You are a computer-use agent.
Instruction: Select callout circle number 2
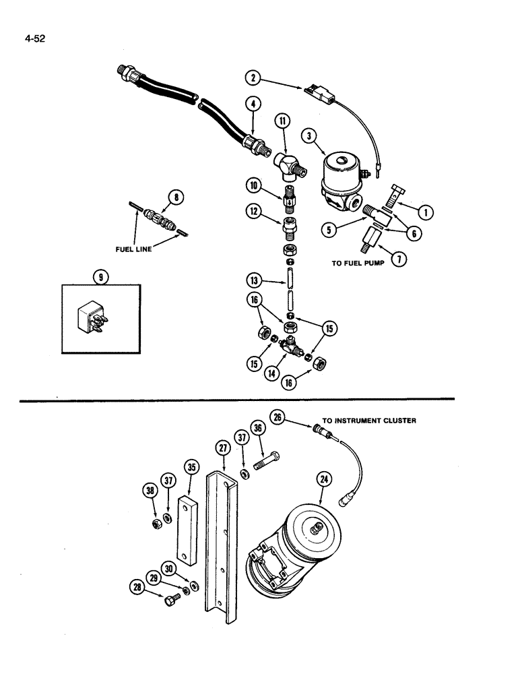coord(253,79)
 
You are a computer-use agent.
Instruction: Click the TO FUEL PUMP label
coord(358,264)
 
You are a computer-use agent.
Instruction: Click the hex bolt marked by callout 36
coord(267,464)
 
